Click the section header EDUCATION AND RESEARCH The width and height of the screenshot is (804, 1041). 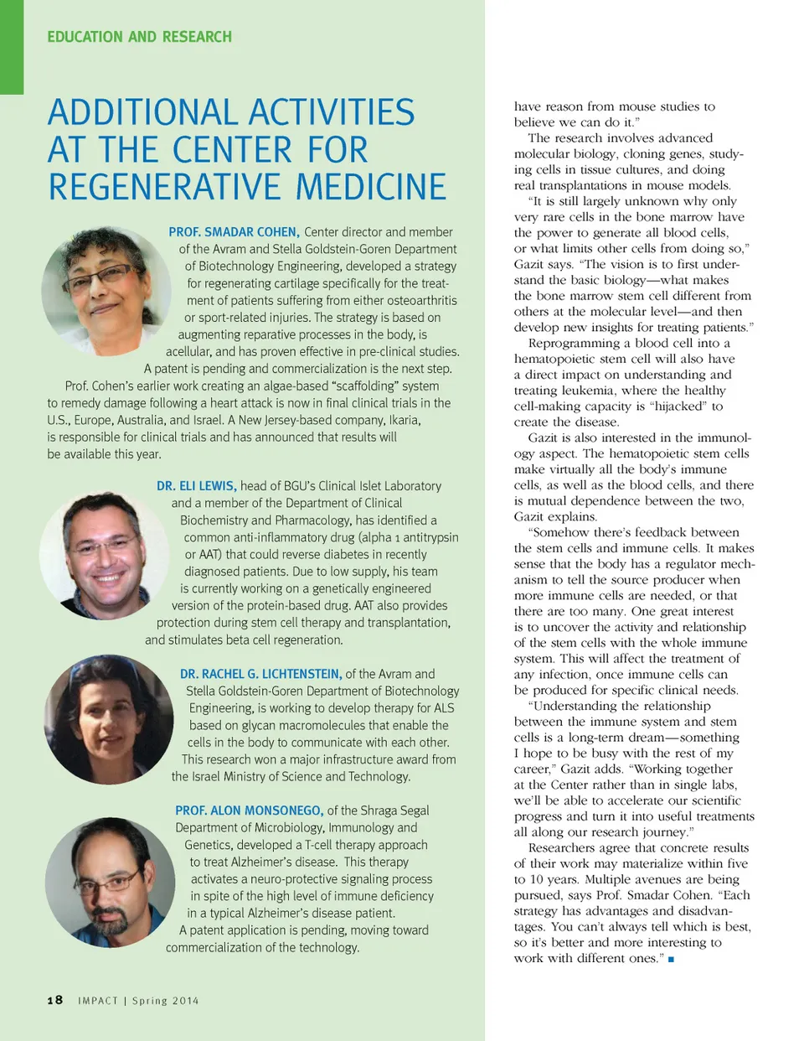tap(139, 37)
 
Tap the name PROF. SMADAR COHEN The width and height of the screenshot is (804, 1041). tap(234, 232)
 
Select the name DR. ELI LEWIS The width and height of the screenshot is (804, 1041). tap(196, 486)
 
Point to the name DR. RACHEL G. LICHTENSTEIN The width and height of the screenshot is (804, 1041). tap(260, 674)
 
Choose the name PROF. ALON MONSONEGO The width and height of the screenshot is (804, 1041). tap(249, 811)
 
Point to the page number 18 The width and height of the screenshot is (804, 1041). tap(55, 1000)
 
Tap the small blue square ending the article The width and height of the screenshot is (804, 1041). tap(671, 959)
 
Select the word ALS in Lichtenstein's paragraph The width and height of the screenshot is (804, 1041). tap(444, 708)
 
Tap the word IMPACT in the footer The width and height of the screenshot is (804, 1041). tap(98, 1001)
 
